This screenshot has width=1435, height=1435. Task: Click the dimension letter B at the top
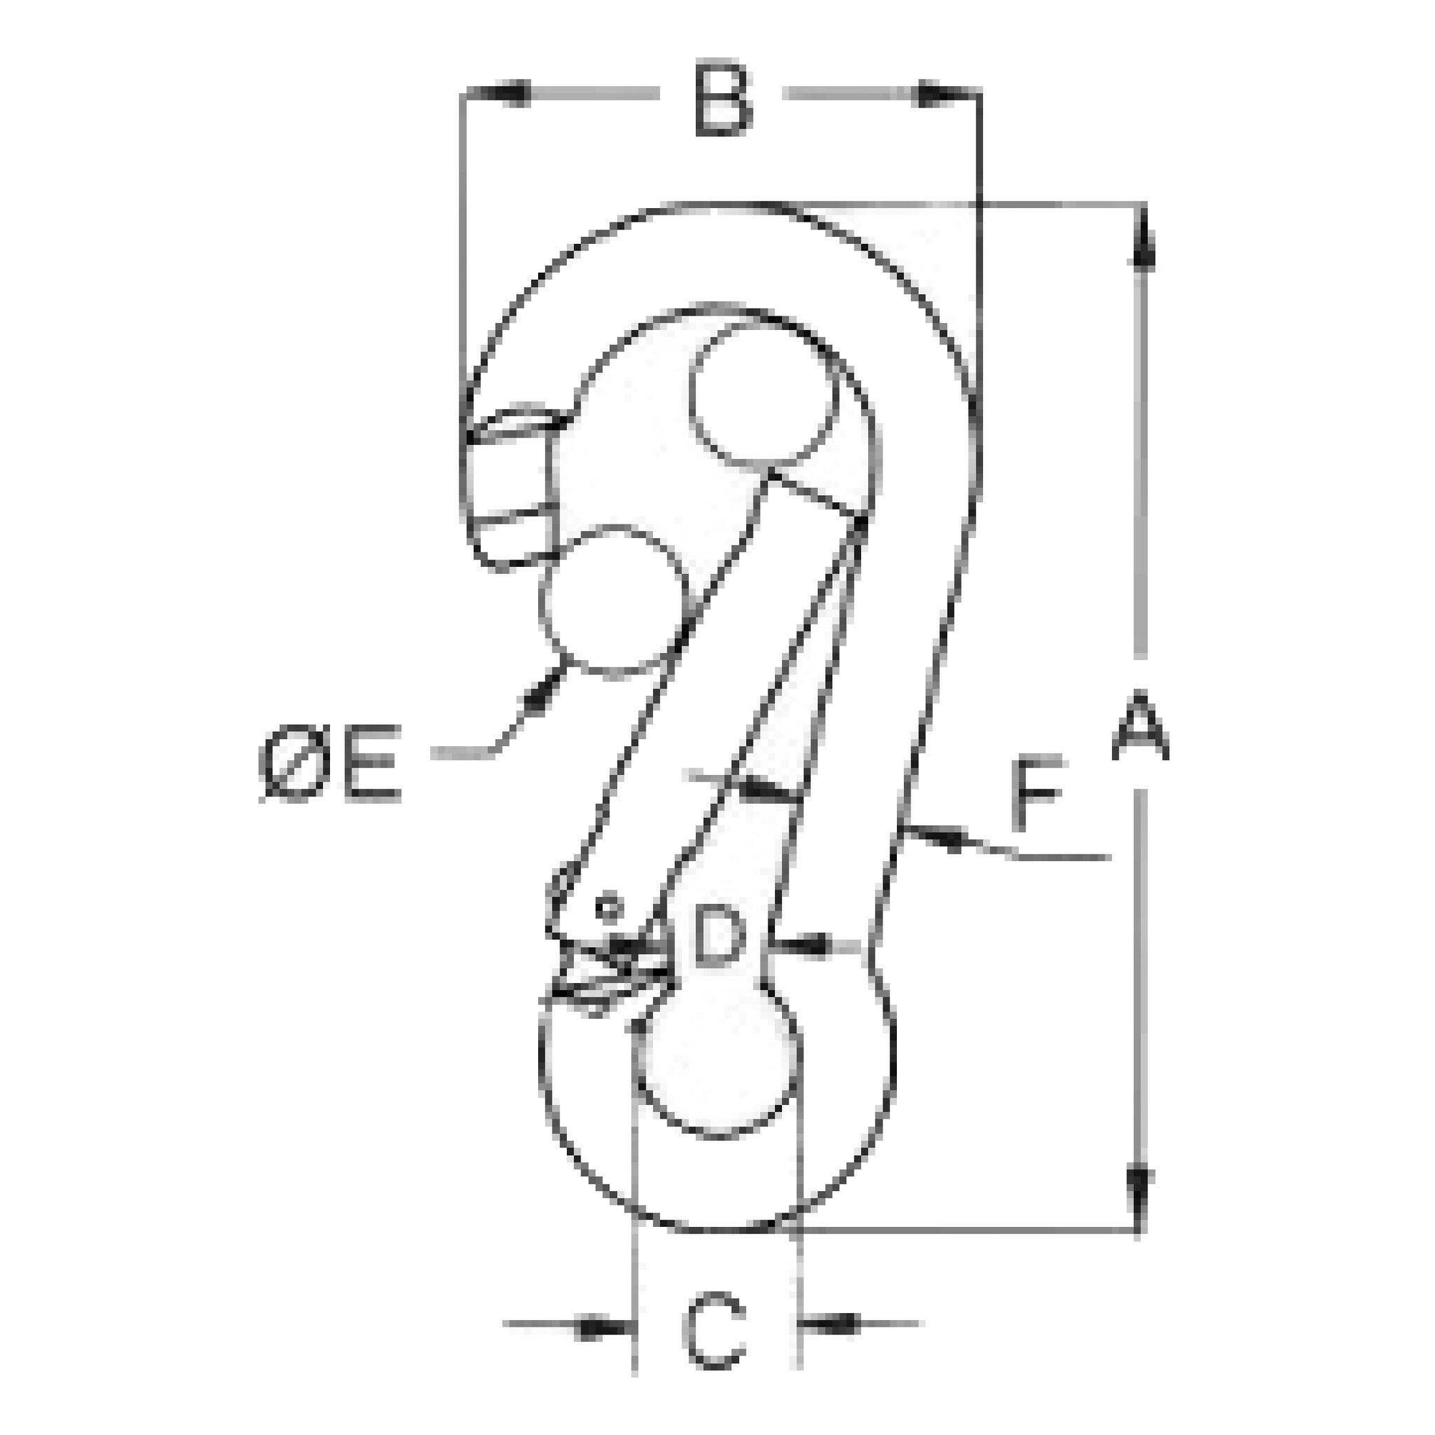[x=723, y=102]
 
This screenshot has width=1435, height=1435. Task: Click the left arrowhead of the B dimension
[x=502, y=93]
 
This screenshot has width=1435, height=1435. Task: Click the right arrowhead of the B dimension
[x=937, y=94]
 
